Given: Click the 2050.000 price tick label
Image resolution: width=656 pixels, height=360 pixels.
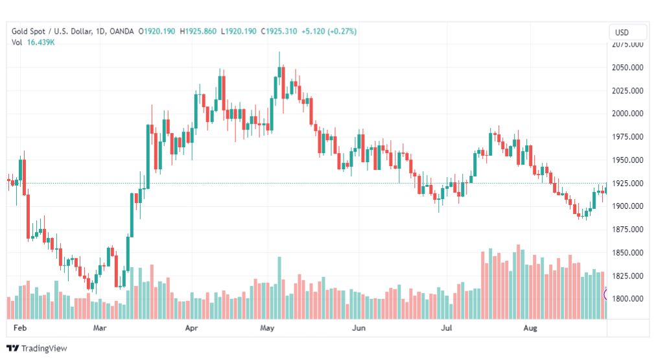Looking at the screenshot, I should (627, 67).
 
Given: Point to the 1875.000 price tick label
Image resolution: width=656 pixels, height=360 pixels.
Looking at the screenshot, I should (627, 230).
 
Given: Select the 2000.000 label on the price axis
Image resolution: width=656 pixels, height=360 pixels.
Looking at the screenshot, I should (627, 114).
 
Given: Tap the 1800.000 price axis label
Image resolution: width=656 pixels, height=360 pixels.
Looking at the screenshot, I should (627, 299).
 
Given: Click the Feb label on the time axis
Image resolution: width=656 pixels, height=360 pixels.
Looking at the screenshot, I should (20, 328).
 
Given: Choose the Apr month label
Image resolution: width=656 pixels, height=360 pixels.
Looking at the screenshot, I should (191, 328).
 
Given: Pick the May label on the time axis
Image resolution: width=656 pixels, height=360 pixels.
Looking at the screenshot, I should (267, 328).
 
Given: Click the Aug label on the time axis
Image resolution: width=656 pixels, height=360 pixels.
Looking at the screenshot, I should (531, 328).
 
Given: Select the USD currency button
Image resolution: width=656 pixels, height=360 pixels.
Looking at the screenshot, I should (628, 32).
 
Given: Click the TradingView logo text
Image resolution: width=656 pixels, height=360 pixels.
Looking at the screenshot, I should (44, 348).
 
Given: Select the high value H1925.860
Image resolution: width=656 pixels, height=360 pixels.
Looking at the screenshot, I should (199, 31).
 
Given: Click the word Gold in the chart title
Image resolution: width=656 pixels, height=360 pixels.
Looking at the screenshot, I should (20, 31).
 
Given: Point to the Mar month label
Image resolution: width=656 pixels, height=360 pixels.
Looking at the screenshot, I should (99, 328).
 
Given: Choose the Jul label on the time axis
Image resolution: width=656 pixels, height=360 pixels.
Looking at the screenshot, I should (446, 328).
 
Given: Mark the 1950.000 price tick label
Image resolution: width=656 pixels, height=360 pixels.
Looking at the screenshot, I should (627, 160).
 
